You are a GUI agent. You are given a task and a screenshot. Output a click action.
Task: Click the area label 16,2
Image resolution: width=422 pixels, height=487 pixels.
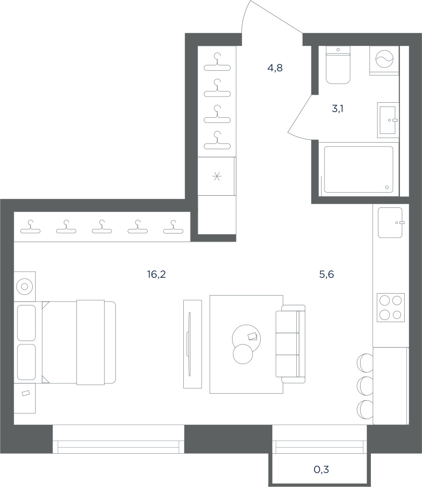pos(157,274)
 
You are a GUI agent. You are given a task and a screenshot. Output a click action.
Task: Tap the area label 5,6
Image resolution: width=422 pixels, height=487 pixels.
pos(326,274)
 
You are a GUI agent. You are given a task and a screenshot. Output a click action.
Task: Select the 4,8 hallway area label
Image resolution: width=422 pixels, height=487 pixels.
pos(275,68)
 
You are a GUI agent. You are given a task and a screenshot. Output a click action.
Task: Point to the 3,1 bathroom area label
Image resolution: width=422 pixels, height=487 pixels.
pos(338,109)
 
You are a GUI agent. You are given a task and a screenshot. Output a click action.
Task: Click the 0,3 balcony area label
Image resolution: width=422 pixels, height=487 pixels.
pos(321,470)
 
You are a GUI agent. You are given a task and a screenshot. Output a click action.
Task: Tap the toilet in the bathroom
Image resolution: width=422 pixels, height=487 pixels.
pos(338,65)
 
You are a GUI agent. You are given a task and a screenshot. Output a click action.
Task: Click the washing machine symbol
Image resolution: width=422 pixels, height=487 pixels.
pos(384,59)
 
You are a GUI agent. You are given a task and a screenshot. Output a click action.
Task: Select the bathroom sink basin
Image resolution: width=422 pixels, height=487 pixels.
pos(388,120)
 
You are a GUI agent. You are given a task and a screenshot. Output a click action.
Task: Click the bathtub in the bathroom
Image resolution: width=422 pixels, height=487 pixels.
pos(359,169)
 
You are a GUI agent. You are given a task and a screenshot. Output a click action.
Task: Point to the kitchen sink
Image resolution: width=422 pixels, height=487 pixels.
pos(390,223)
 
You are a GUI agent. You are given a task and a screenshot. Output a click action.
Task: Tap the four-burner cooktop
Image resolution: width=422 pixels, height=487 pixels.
pos(391,307)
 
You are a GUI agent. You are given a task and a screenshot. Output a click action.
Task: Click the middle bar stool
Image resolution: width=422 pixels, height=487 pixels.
pos(365,386)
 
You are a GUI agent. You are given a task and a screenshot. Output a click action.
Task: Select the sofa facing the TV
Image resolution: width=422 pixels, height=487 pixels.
pos(290,344)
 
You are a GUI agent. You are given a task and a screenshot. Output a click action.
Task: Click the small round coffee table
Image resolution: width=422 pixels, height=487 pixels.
pos(243,354)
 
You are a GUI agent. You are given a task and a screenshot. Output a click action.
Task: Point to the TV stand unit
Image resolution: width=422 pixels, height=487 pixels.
pos(192,344)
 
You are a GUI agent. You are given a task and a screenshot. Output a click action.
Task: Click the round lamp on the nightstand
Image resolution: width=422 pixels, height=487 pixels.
pos(24,286)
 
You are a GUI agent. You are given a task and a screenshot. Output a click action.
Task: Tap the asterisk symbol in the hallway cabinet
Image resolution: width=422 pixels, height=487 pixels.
pos(217,176)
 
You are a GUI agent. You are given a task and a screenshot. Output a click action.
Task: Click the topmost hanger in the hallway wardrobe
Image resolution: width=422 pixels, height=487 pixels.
pos(217,62)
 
